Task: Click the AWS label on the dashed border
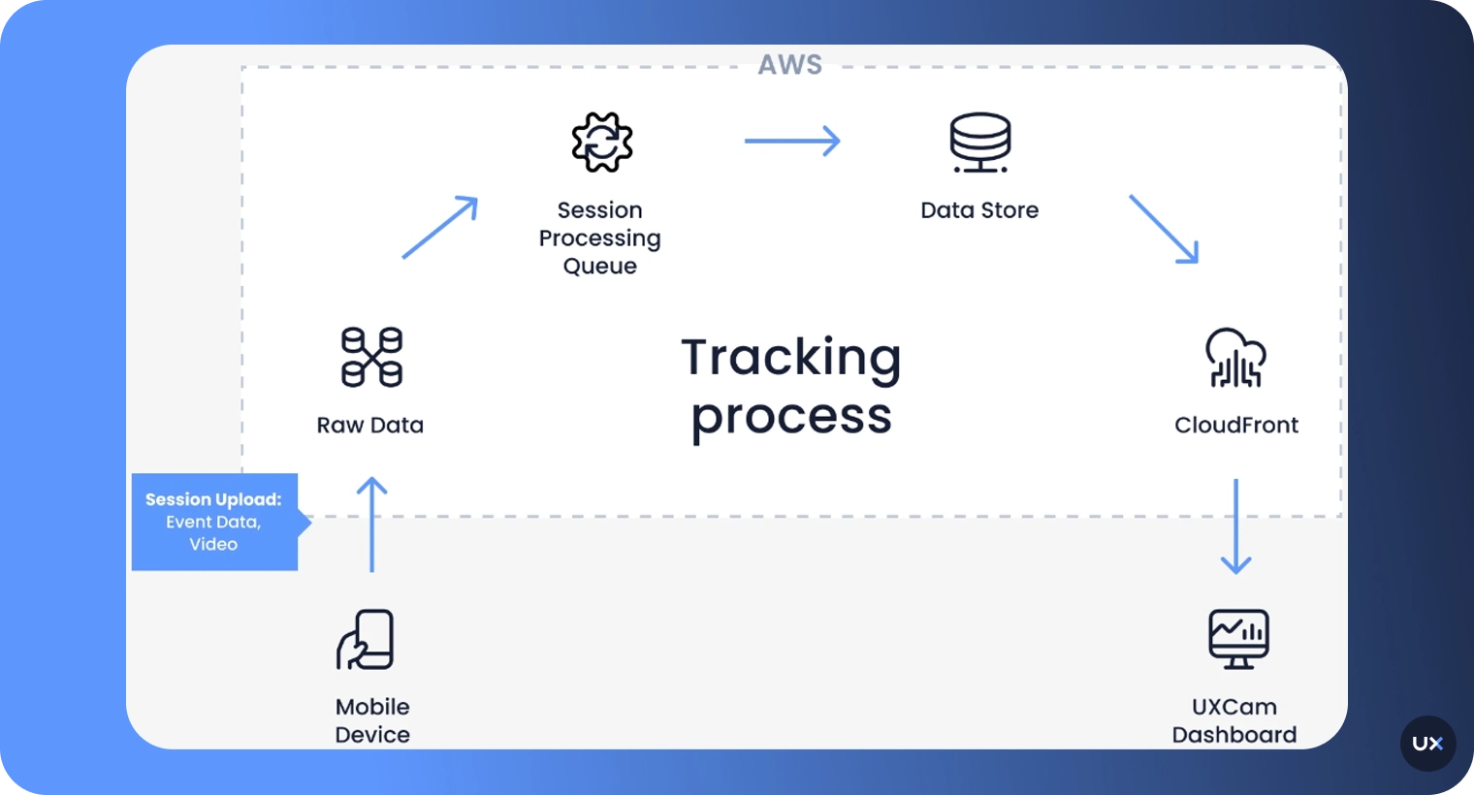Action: pos(789,65)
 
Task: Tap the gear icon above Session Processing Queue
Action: pos(601,143)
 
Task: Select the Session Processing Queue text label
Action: pos(599,238)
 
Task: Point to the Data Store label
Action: pos(979,210)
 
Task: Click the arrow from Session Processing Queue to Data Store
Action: pos(791,142)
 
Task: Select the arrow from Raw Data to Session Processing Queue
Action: pos(440,227)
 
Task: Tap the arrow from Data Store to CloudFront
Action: pos(1164,229)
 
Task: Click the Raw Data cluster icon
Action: pos(371,357)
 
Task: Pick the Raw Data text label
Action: pos(370,426)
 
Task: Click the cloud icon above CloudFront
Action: pos(1235,358)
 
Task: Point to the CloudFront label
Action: pos(1235,426)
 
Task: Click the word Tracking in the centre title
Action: pos(791,357)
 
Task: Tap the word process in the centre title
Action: pos(791,417)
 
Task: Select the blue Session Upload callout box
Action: pos(215,522)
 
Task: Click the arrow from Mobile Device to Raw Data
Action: pos(371,524)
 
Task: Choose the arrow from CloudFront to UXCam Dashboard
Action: pos(1235,525)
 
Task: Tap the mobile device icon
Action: pos(366,640)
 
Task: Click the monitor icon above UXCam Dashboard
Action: pos(1238,639)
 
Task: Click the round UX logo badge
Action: pos(1427,744)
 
